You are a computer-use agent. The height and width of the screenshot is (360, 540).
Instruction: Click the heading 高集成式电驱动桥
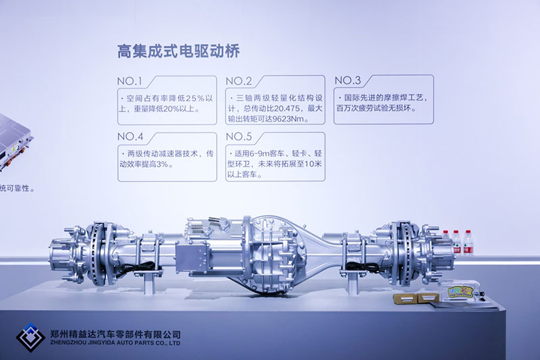tap(178, 51)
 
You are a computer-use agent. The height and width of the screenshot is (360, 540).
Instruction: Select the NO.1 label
tap(130, 81)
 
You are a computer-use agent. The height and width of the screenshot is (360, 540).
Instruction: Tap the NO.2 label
tap(239, 81)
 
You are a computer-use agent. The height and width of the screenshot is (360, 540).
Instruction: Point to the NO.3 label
tap(348, 80)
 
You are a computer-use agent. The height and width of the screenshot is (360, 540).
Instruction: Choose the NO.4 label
tap(130, 136)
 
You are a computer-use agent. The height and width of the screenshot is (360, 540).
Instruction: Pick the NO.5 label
tap(239, 136)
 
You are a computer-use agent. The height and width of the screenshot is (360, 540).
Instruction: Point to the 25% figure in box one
tap(195, 99)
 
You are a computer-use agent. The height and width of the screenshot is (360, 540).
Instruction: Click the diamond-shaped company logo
tap(30, 338)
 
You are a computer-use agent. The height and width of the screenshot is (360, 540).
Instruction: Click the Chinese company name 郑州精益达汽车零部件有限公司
tap(115, 334)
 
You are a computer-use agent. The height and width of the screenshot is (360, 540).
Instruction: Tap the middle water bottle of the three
tap(457, 242)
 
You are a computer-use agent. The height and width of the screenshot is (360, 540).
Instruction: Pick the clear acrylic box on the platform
tap(458, 291)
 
